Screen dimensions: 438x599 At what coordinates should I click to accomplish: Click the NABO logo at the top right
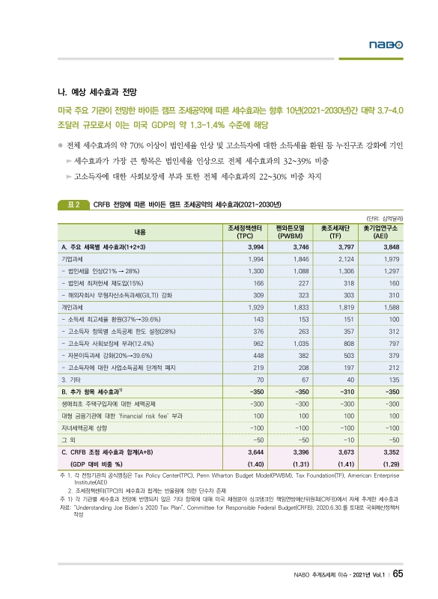[x=386, y=46]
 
